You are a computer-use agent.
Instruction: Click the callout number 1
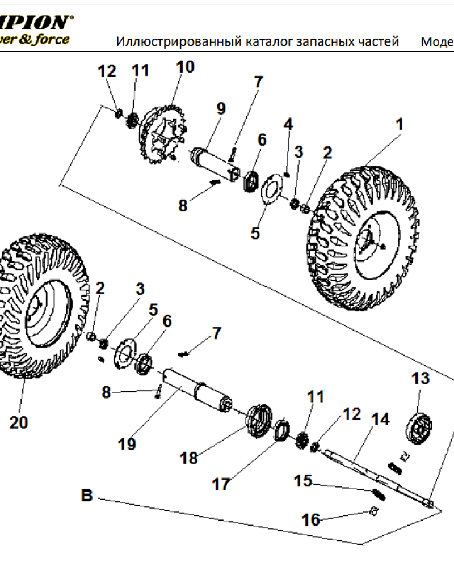click(400, 124)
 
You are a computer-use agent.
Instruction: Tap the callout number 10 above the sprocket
click(184, 67)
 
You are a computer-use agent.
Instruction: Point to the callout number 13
click(421, 378)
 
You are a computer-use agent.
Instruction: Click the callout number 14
click(380, 420)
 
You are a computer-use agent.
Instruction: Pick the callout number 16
click(311, 519)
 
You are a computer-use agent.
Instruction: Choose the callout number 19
click(128, 444)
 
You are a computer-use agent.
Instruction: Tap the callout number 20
click(19, 423)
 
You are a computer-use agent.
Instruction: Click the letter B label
click(86, 496)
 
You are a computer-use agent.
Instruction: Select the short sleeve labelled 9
click(216, 164)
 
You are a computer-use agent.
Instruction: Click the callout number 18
click(189, 458)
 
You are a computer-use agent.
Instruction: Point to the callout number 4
click(288, 124)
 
